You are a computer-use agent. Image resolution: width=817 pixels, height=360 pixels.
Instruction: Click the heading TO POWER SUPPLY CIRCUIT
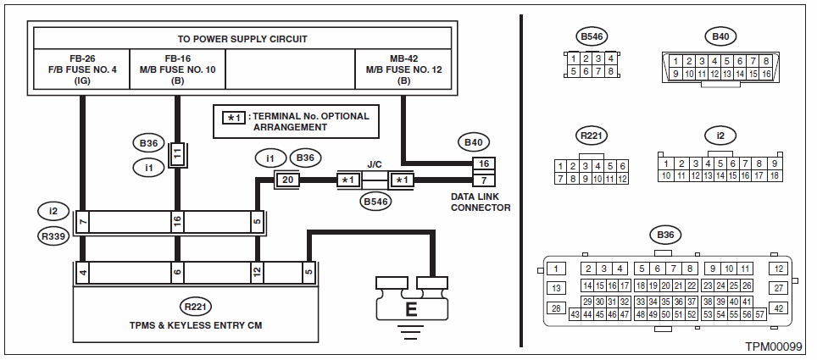[x=242, y=39]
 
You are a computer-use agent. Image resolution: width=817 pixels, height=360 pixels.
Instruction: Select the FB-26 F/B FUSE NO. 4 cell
[x=81, y=69]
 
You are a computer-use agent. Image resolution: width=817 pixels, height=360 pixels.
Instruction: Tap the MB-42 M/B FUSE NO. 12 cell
[x=403, y=69]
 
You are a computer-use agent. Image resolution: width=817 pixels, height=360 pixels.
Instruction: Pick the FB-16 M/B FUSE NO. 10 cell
[x=177, y=69]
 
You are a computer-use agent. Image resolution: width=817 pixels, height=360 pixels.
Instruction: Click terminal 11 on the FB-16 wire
[x=177, y=156]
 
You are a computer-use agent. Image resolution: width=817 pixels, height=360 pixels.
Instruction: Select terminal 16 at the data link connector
[x=484, y=163]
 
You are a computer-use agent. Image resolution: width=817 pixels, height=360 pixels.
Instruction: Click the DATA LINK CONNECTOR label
[x=481, y=202]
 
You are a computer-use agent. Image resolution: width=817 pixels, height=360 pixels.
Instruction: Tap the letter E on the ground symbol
[x=411, y=310]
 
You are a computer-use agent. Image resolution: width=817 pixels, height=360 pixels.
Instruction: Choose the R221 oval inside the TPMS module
[x=196, y=307]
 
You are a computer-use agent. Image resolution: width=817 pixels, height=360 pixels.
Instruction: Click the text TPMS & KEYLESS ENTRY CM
[x=196, y=325]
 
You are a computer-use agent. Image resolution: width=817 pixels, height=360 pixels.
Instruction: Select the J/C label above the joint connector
[x=375, y=163]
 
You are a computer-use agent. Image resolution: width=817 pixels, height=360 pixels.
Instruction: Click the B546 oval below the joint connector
[x=375, y=201]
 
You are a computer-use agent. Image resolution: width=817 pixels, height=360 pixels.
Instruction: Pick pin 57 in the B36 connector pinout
[x=759, y=314]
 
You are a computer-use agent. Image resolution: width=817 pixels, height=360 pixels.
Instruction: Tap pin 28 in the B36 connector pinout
[x=556, y=307]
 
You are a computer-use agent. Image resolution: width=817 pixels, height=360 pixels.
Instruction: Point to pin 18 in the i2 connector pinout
[x=775, y=176]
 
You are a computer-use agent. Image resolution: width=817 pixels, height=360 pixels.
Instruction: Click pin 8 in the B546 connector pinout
[x=610, y=71]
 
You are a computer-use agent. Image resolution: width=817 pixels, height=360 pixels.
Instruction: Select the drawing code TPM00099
[x=774, y=347]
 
